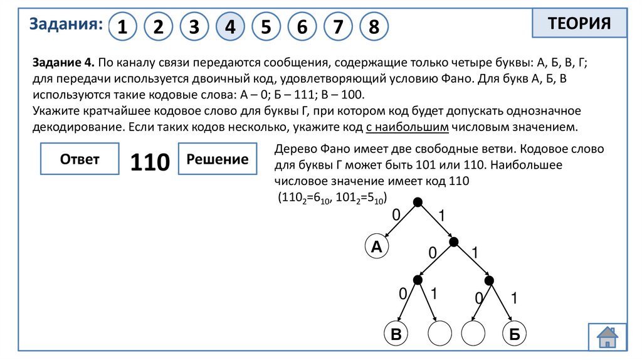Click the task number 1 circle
pyautogui.click(x=123, y=27)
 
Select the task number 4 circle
pyautogui.click(x=230, y=27)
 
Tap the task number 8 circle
pyautogui.click(x=374, y=27)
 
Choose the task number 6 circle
pyautogui.click(x=302, y=27)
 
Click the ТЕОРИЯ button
pyautogui.click(x=579, y=24)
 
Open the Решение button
pyautogui.click(x=218, y=159)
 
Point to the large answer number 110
pyautogui.click(x=150, y=162)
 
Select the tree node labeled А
pyautogui.click(x=376, y=247)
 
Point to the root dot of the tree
pyautogui.click(x=418, y=202)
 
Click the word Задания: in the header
pyautogui.click(x=66, y=24)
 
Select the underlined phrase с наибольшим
pyautogui.click(x=408, y=127)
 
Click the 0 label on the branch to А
pyautogui.click(x=396, y=215)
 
